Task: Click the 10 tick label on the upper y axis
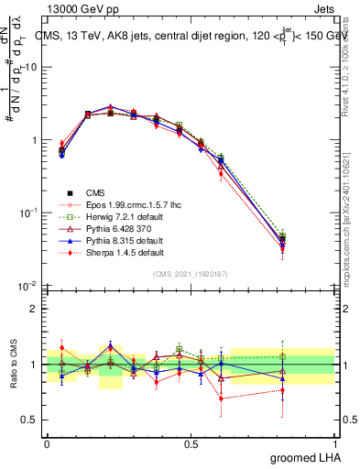[x=31, y=68]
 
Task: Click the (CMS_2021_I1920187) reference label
[x=191, y=274]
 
